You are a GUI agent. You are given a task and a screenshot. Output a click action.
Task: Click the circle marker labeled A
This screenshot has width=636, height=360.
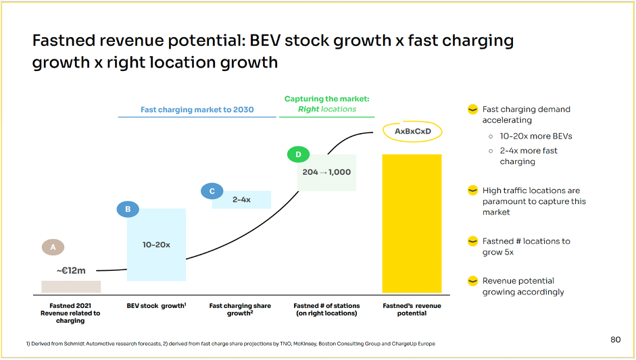tap(53, 247)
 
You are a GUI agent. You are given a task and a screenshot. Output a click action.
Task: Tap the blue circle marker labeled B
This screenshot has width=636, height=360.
tap(128, 209)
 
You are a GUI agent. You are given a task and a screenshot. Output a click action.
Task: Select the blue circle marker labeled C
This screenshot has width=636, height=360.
tap(212, 191)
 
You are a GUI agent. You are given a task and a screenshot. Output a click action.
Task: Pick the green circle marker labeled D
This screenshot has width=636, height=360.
tap(298, 155)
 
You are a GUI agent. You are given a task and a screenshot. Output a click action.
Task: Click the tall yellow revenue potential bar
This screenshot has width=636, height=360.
tap(412, 223)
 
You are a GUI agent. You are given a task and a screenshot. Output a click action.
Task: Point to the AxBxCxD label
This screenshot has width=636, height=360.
tap(412, 130)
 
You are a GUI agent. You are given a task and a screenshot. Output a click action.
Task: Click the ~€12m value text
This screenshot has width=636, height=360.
tap(70, 270)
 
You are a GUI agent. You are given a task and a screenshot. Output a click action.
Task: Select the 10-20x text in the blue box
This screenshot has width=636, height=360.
tap(156, 245)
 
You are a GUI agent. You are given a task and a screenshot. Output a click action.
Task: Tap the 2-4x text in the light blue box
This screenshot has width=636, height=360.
tap(241, 200)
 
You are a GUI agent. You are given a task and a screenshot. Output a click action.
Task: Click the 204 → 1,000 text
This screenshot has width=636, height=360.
tap(326, 172)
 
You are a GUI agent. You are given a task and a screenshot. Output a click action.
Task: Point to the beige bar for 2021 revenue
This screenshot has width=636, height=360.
tap(71, 286)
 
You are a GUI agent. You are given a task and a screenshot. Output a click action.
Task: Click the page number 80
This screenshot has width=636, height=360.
tap(615, 339)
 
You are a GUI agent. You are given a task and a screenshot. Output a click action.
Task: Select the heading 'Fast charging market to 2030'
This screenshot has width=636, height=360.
tap(197, 109)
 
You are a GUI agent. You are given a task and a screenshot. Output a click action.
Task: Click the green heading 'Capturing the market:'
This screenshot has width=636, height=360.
tap(326, 99)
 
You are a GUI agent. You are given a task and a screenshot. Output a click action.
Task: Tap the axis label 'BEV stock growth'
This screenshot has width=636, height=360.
tap(156, 306)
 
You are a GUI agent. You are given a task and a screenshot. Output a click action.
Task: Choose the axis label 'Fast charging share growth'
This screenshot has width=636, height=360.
tap(240, 309)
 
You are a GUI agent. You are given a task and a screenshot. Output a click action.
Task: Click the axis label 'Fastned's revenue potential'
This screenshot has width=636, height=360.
tap(412, 309)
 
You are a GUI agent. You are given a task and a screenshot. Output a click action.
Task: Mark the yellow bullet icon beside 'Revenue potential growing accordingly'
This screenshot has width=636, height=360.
tap(473, 281)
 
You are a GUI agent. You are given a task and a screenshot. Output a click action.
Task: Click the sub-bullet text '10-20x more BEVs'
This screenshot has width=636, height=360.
tap(536, 136)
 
